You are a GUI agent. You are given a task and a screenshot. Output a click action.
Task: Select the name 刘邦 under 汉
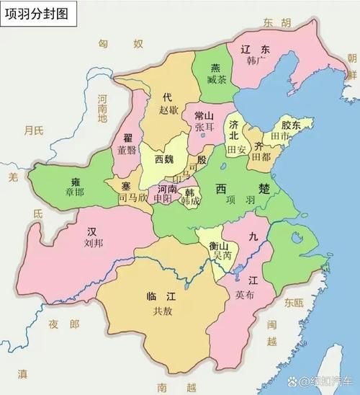pyautogui.click(x=91, y=244)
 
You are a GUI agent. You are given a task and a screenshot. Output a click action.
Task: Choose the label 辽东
pyautogui.click(x=255, y=50)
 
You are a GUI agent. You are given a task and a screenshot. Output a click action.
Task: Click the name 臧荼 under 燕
pyautogui.click(x=216, y=80)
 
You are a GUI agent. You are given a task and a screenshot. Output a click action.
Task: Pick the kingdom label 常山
pyautogui.click(x=204, y=115)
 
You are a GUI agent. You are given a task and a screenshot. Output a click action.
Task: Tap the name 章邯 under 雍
pyautogui.click(x=73, y=192)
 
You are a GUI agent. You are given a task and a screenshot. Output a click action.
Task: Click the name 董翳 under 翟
pyautogui.click(x=127, y=149)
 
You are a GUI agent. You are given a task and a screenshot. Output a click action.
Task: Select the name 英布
pyautogui.click(x=243, y=294)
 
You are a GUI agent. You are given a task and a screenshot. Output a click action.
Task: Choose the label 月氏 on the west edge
pyautogui.click(x=32, y=130)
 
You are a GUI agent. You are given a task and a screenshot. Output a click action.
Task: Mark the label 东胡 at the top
pyautogui.click(x=277, y=22)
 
